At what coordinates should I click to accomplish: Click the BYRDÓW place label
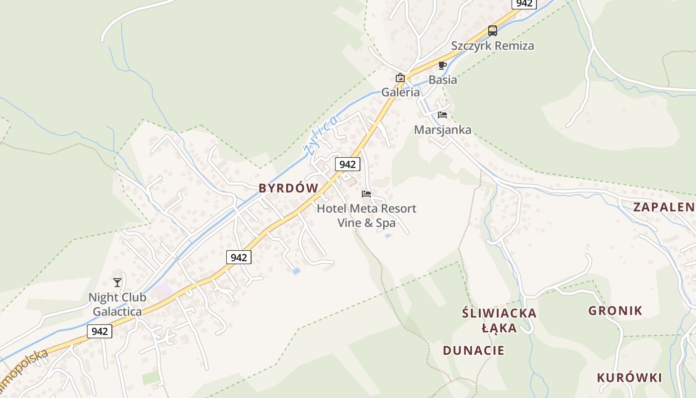[x=288, y=188]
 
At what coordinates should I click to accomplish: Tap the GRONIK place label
[x=615, y=311]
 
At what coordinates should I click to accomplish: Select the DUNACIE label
[x=473, y=350]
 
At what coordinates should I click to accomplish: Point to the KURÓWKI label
[x=629, y=378]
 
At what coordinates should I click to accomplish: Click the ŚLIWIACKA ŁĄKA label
[x=499, y=320]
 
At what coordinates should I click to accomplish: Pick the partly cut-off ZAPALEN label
[x=664, y=207]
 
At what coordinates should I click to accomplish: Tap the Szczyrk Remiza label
[x=492, y=46]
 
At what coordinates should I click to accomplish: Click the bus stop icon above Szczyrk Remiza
[x=492, y=31]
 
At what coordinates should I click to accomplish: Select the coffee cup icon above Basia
[x=442, y=65]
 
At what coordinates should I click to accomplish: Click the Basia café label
[x=442, y=80]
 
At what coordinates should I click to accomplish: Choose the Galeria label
[x=400, y=92]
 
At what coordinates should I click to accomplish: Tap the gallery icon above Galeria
[x=400, y=78]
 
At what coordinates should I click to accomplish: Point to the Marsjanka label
[x=442, y=130]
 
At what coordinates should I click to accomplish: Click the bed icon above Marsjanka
[x=442, y=115]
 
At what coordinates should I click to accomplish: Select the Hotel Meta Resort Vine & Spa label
[x=366, y=215]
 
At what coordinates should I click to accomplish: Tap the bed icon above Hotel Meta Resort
[x=366, y=194]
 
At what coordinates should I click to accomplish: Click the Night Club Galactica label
[x=117, y=304]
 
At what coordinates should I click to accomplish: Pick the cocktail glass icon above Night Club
[x=117, y=283]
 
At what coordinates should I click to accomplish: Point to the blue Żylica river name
[x=320, y=135]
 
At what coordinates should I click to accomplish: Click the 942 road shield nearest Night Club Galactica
[x=99, y=331]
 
